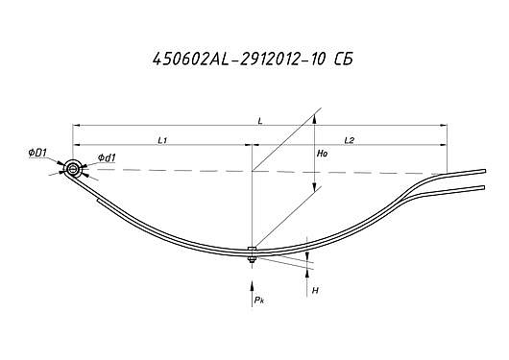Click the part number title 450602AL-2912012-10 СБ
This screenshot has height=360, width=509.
(x=253, y=60)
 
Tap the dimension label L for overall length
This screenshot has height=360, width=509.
(x=260, y=121)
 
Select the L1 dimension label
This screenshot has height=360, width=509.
(x=162, y=140)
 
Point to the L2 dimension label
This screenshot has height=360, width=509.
(x=350, y=140)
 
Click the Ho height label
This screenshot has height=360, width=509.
(x=322, y=154)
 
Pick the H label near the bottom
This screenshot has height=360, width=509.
(x=315, y=290)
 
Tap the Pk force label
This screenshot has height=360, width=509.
(x=259, y=300)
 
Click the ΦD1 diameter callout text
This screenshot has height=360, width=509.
(x=38, y=153)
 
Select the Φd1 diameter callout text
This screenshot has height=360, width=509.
(x=107, y=157)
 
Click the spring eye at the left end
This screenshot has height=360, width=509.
(x=73, y=169)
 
